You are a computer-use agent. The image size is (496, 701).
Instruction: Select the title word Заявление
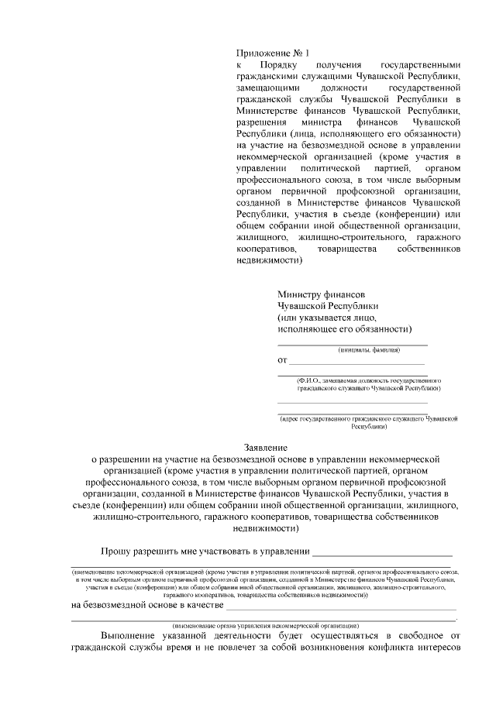(266, 448)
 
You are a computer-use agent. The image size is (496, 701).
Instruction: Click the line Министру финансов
(320, 294)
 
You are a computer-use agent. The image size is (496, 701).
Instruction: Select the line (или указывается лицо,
(327, 317)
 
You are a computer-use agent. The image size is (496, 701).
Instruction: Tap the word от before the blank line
(282, 360)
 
